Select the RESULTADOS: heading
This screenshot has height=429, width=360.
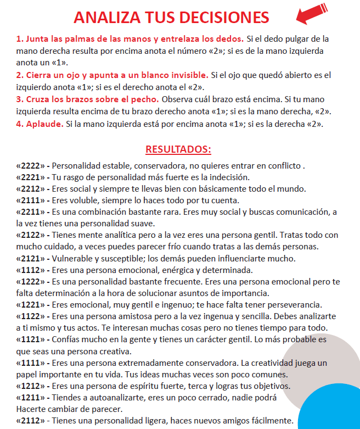[x=178, y=149]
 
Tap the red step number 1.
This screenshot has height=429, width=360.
[x=19, y=40]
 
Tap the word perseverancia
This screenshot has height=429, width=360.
[x=297, y=305]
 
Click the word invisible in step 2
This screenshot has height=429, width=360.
[x=189, y=75]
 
